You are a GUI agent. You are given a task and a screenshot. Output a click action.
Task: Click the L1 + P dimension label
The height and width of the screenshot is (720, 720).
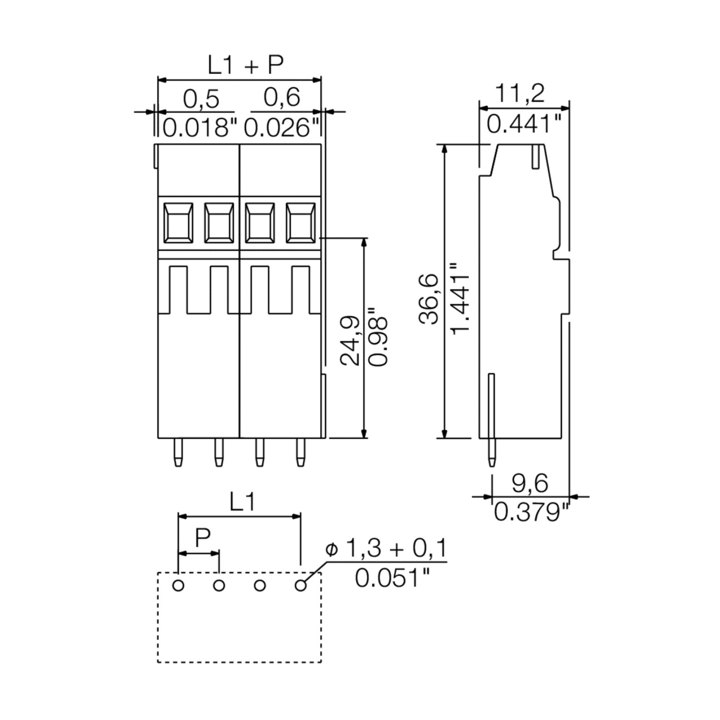point(245,65)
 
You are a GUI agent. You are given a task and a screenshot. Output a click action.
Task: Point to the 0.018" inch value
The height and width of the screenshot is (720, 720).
point(199,128)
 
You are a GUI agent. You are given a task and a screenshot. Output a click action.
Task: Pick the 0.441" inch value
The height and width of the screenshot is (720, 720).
point(525,124)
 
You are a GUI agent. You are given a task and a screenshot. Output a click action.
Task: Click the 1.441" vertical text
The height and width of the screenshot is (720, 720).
point(460,298)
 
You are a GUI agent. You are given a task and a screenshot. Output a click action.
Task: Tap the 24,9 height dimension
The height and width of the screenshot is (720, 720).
point(350,340)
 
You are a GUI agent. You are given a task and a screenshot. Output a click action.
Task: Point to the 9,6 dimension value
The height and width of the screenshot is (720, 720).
point(531,484)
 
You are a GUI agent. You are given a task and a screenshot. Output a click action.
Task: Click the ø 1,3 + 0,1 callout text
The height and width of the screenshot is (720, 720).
point(386,549)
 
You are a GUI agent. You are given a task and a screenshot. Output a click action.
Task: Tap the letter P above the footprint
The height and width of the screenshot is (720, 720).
point(203,536)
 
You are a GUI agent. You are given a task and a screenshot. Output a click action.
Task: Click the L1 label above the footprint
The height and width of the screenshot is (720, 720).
point(243,502)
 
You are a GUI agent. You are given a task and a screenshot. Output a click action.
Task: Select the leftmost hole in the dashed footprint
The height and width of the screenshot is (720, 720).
point(179,585)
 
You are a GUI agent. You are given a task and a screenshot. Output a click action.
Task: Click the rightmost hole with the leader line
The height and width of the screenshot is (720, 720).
point(300,585)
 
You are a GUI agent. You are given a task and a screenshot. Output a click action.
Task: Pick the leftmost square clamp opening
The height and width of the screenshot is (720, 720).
point(179,223)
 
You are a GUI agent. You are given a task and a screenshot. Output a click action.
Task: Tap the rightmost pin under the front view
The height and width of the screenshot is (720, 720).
point(300,452)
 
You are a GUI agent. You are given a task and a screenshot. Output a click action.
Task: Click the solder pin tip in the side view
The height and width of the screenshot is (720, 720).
point(491,463)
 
